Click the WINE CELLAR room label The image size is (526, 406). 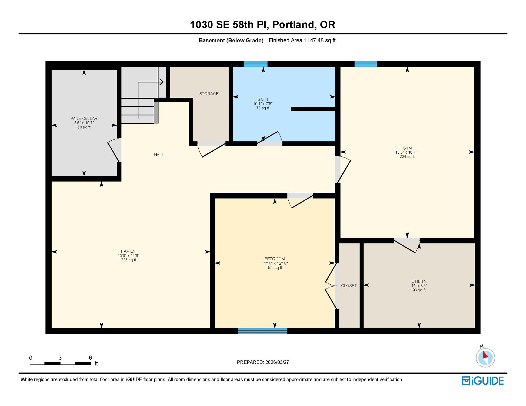(84, 118)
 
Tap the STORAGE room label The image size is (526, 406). (209, 94)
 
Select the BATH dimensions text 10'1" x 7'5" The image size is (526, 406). (262, 104)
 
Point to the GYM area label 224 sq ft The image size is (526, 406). (407, 156)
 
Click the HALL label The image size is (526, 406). (159, 155)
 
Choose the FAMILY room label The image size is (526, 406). (128, 251)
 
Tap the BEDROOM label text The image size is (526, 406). (274, 259)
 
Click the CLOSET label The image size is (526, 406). (349, 286)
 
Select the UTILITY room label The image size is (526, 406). (419, 281)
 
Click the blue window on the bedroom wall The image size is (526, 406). (262, 331)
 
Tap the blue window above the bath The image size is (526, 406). (255, 64)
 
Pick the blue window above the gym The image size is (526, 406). (365, 64)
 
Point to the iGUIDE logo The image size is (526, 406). (483, 381)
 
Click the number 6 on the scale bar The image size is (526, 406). (90, 358)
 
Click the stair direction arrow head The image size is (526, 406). (161, 82)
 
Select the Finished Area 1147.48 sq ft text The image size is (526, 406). (302, 40)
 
